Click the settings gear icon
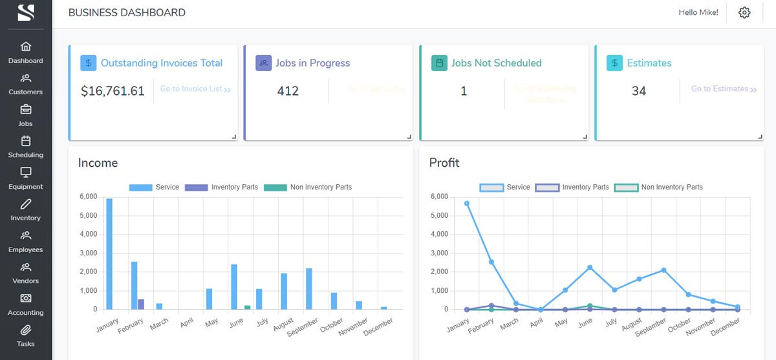(744, 12)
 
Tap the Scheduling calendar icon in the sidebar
(26, 141)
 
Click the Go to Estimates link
(724, 89)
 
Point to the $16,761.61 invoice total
(113, 91)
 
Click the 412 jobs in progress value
(288, 91)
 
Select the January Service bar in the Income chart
(109, 254)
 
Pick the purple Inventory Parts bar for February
(141, 304)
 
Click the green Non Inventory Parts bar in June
(247, 307)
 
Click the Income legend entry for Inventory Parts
(221, 187)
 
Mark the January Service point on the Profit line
(466, 204)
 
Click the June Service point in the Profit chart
(590, 267)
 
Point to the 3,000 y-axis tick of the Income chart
(88, 253)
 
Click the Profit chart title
(444, 163)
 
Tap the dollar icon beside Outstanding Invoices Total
(89, 63)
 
